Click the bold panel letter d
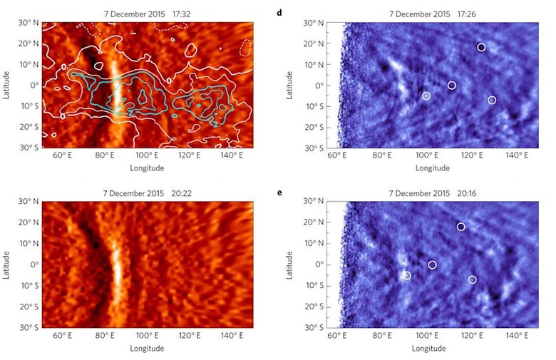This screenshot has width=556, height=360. (279, 13)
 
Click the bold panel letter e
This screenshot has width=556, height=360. (279, 193)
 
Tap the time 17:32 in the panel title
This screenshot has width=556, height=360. (182, 14)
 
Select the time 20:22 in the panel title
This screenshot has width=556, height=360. (181, 193)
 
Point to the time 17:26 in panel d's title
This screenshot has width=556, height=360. (467, 14)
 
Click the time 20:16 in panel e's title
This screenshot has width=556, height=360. (467, 193)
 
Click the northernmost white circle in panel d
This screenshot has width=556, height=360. (481, 47)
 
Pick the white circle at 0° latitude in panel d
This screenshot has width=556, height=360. (451, 85)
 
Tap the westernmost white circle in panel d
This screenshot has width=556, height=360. (426, 96)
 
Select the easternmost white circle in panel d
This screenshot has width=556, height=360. (491, 100)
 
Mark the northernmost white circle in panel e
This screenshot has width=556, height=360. (460, 227)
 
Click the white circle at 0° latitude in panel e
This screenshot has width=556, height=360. (432, 265)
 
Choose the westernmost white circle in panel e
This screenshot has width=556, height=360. (407, 276)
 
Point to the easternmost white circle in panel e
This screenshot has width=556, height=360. (472, 280)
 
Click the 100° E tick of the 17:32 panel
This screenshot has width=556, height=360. (147, 155)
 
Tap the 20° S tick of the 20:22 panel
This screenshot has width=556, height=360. (29, 307)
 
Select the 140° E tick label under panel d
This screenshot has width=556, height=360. (517, 155)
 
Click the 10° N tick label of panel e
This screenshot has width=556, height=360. (314, 243)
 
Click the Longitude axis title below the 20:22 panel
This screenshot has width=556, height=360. (147, 349)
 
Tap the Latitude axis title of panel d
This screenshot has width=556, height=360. (289, 85)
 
